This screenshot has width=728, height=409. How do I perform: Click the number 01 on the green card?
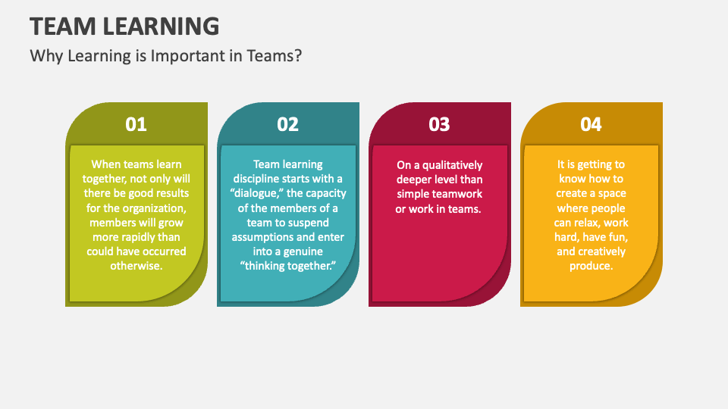136,124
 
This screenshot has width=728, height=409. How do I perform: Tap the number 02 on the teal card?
287,124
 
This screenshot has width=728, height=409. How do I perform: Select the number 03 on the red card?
439,124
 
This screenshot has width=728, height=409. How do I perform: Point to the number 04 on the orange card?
591,124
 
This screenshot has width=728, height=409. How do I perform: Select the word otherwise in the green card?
136,266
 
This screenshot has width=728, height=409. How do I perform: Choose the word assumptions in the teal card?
262,237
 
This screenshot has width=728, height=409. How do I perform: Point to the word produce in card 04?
591,266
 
